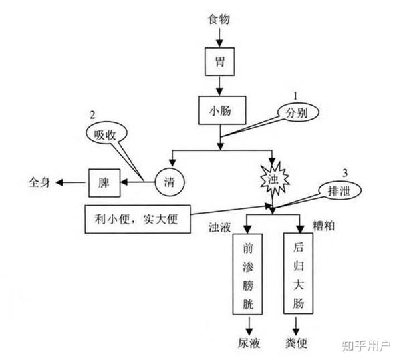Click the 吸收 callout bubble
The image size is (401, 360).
[x=104, y=134]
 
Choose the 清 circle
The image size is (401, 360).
[x=170, y=181]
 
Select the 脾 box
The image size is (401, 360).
[x=104, y=181]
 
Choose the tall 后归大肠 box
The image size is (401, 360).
[x=298, y=273]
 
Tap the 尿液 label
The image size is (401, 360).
[x=249, y=344]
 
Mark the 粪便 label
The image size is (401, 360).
[x=298, y=344]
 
